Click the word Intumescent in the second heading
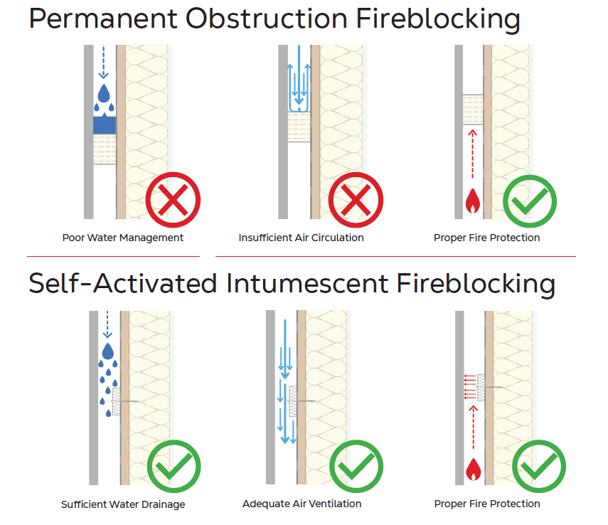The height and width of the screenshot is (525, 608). (306, 283)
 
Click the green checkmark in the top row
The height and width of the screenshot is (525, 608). (530, 200)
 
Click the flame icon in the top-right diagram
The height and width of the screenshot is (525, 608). (471, 202)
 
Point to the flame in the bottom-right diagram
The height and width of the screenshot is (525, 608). (471, 469)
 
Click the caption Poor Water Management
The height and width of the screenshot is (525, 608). (123, 238)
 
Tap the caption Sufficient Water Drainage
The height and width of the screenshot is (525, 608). (123, 504)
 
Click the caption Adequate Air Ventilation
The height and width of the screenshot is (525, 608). (302, 504)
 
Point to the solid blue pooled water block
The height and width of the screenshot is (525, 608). (105, 125)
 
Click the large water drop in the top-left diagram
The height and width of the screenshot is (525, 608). (105, 92)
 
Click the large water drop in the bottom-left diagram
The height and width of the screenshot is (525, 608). (107, 351)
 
